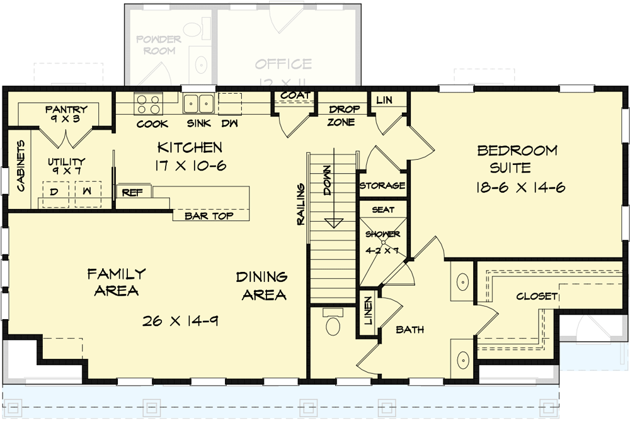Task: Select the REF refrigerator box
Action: tap(132, 193)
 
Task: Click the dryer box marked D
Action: tap(55, 190)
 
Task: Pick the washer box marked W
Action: tap(87, 190)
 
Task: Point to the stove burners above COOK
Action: tap(148, 103)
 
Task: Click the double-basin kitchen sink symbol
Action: tap(198, 103)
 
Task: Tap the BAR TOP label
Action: tap(209, 216)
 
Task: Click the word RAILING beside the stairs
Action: tap(301, 203)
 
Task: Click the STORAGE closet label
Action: tap(382, 186)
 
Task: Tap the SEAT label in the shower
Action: tap(383, 210)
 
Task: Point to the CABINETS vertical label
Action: tap(20, 166)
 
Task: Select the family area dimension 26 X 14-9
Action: tap(180, 321)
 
